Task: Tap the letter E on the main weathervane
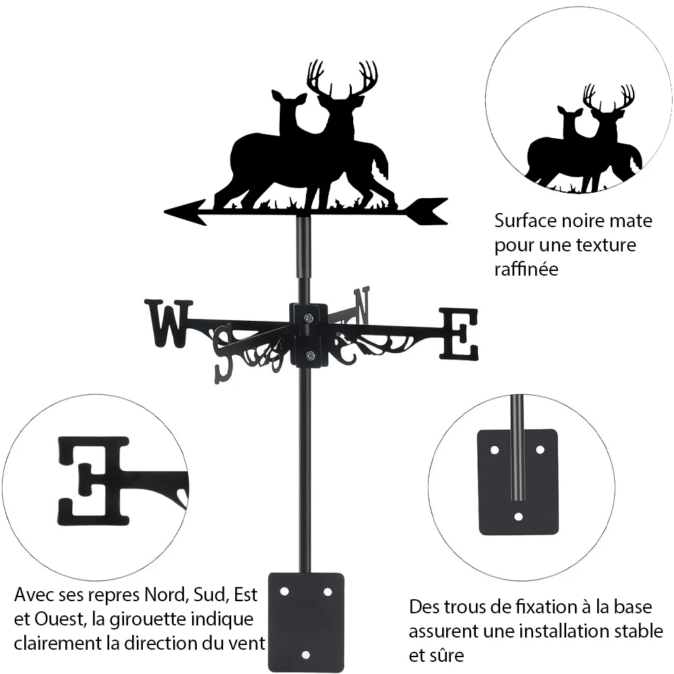point(458,334)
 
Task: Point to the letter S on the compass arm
point(225,355)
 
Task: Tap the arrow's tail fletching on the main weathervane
point(428,211)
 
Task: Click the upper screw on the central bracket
point(309,318)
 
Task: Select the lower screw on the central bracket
point(309,355)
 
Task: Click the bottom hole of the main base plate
point(305,655)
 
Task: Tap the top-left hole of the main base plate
point(284,592)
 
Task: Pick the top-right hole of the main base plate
point(328,592)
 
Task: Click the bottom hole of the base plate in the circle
point(519,516)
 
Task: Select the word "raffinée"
point(526,269)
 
